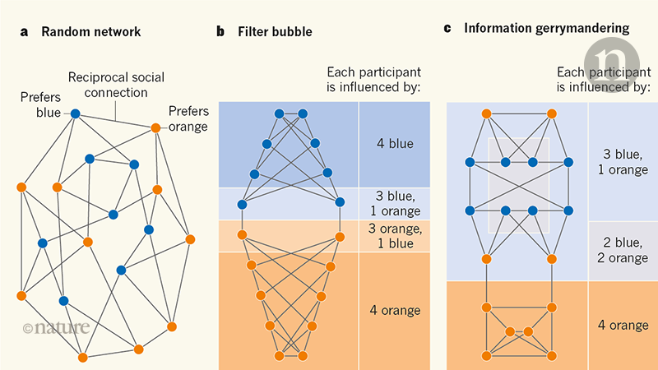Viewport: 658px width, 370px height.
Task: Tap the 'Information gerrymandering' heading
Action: [x=547, y=29]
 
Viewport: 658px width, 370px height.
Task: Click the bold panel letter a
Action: [x=25, y=32]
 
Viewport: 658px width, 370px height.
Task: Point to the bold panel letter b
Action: [x=220, y=32]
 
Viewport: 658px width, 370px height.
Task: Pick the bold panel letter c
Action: [x=448, y=29]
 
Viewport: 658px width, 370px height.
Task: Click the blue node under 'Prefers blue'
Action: [x=75, y=113]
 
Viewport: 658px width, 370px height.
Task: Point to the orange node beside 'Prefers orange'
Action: [x=155, y=127]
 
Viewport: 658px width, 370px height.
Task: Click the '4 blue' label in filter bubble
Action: [x=395, y=145]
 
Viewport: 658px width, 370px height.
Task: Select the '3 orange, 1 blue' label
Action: [x=395, y=235]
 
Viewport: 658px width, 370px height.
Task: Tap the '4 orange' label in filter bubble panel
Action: [x=395, y=310]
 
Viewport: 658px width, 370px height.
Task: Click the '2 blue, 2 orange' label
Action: [x=620, y=250]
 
